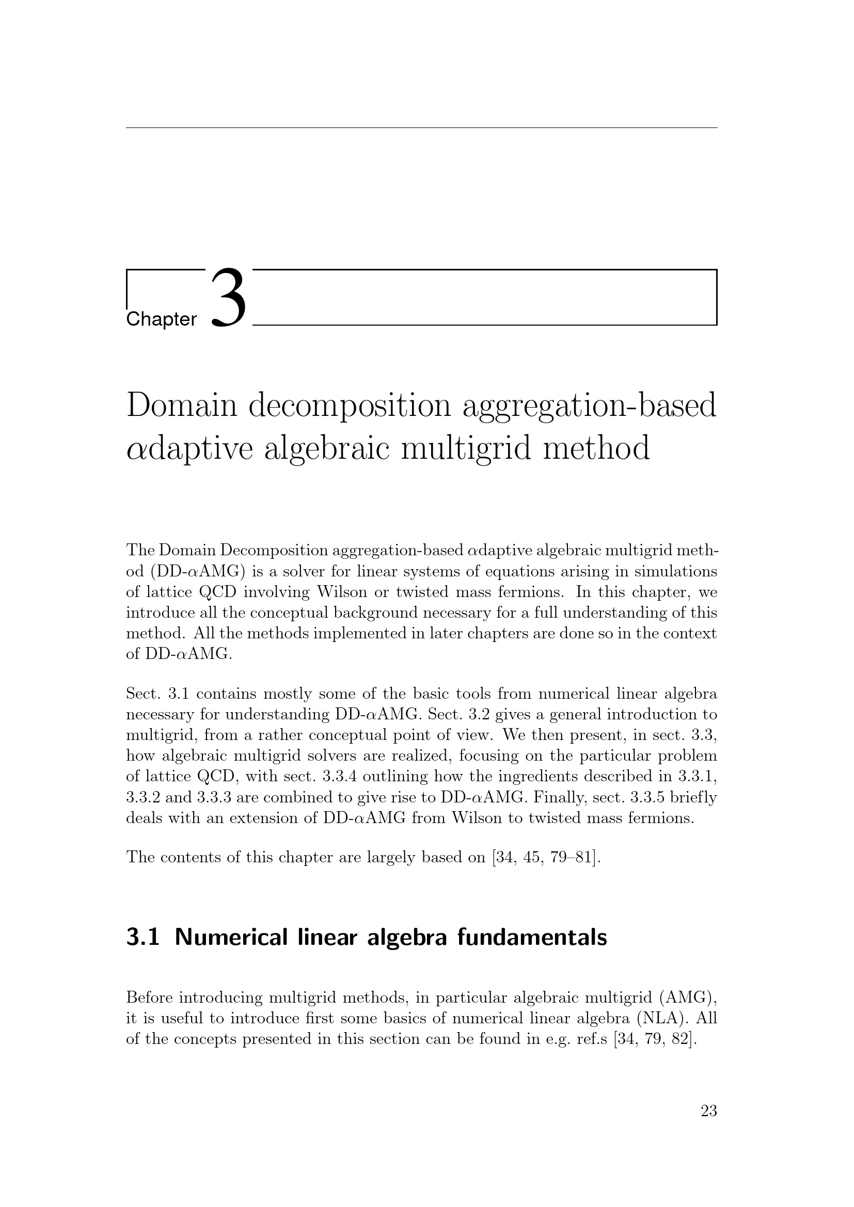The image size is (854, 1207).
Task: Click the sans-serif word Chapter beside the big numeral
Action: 162,319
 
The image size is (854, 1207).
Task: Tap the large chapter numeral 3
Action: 228,298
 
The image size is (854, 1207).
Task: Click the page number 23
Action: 708,1111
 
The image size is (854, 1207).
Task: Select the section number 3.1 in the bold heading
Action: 143,937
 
